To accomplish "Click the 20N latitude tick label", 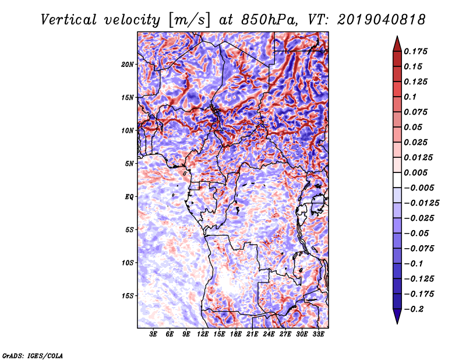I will tap(128, 64).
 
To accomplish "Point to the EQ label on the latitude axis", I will tap(129, 197).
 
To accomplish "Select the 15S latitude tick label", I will tap(128, 296).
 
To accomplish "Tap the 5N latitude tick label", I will tap(129, 164).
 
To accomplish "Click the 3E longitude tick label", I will tap(154, 334).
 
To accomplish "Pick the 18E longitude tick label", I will tap(236, 334).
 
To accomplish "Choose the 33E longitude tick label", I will tap(318, 334).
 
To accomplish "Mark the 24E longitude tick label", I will tap(269, 334).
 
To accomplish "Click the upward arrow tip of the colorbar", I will tap(397, 38).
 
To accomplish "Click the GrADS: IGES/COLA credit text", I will tap(33, 355).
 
